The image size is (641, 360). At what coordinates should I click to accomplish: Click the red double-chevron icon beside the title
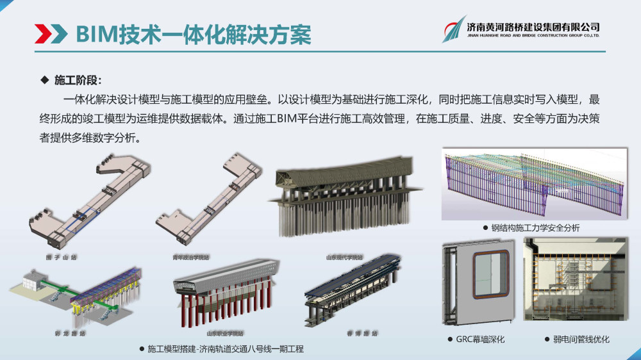click(51, 33)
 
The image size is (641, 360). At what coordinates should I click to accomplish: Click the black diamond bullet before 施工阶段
click(44, 80)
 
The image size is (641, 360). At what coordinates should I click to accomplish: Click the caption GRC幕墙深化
click(480, 339)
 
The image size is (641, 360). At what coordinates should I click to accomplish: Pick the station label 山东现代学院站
click(344, 258)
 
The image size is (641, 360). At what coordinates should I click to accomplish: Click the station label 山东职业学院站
click(225, 333)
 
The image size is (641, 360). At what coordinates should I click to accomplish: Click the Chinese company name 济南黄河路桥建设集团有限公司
click(533, 27)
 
